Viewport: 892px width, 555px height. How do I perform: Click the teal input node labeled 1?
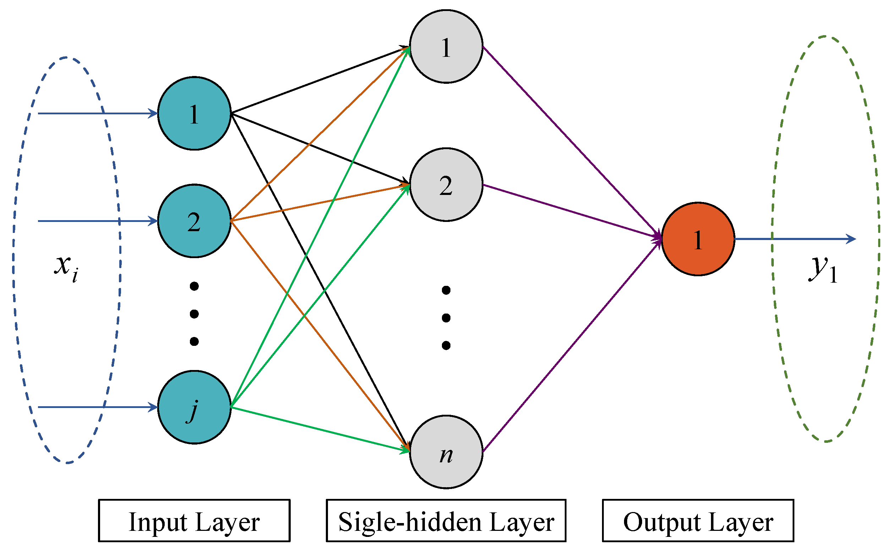click(194, 113)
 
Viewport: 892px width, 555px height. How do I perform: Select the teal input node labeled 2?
click(194, 221)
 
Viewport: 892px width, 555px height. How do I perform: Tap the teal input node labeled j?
click(194, 407)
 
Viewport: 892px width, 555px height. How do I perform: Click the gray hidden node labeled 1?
click(446, 47)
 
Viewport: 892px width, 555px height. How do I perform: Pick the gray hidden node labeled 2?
click(446, 185)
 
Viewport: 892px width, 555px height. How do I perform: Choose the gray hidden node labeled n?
click(446, 452)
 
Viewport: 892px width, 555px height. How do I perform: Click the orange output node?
click(698, 239)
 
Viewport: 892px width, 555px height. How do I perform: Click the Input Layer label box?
click(194, 521)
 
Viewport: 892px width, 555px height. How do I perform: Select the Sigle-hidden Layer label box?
click(446, 521)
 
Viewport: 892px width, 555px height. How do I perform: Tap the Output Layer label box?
click(698, 521)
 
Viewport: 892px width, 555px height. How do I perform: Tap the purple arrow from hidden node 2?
click(573, 212)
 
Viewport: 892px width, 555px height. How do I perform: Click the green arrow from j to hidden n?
click(319, 429)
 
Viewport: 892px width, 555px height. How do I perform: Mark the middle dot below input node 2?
click(194, 314)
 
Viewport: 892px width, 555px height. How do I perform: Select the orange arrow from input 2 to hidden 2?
click(319, 203)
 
